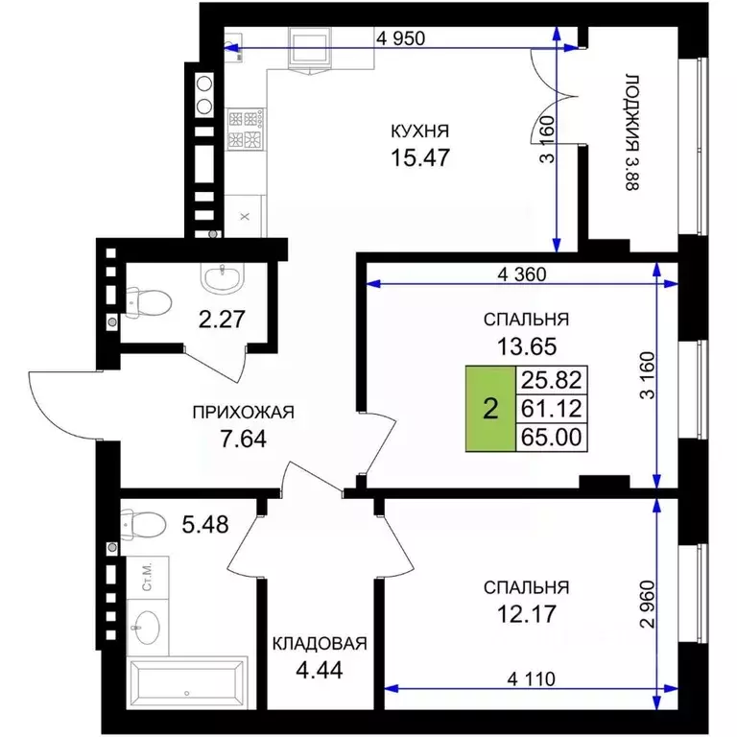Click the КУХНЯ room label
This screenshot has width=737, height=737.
[x=419, y=131]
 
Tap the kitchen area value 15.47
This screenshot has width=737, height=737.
[x=420, y=157]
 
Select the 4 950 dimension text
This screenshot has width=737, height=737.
[x=400, y=38]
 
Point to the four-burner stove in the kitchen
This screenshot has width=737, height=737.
[x=246, y=130]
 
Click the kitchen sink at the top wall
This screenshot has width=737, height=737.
[x=310, y=48]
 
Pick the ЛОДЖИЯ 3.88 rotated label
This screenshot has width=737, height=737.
[x=632, y=132]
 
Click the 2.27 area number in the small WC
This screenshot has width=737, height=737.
[x=222, y=320]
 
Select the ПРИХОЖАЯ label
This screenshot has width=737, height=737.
[x=244, y=413]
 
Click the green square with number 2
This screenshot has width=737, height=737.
[x=490, y=409]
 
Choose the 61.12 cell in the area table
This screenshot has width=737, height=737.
[x=552, y=409]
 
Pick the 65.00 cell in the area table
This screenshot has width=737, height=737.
[x=552, y=438]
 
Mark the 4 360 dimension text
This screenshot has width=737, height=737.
[x=522, y=274]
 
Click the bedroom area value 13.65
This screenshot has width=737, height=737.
[x=527, y=346]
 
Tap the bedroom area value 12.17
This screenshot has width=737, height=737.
[x=527, y=614]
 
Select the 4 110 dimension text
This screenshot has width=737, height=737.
[x=531, y=678]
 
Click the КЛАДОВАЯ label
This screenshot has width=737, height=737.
[x=320, y=644]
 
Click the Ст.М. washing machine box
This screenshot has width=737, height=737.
[x=148, y=578]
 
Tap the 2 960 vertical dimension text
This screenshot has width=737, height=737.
[x=648, y=605]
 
